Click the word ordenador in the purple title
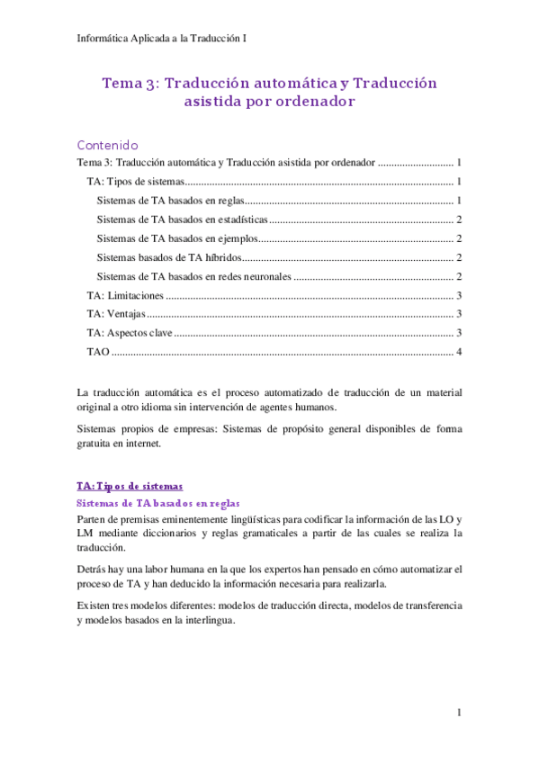click(x=304, y=102)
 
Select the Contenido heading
click(x=107, y=145)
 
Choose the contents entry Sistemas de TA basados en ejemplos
click(x=177, y=238)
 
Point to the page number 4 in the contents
click(x=459, y=351)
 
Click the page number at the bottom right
click(x=459, y=713)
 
